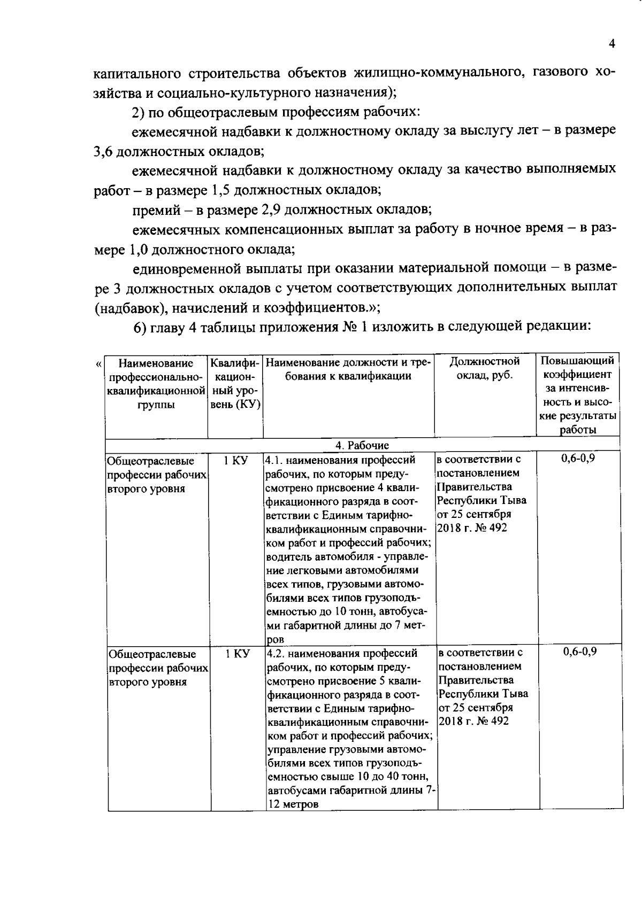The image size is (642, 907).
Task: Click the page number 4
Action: pos(612,44)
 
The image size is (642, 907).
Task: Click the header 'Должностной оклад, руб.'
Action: pos(485,369)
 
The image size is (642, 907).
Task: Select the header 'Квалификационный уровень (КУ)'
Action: pos(235,383)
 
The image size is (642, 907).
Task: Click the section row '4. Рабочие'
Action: pos(362,445)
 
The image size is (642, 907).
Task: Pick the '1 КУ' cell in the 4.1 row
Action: pos(235,460)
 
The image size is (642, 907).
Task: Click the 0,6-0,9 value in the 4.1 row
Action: pos(578,459)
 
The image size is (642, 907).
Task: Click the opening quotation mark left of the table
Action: pos(98,365)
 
